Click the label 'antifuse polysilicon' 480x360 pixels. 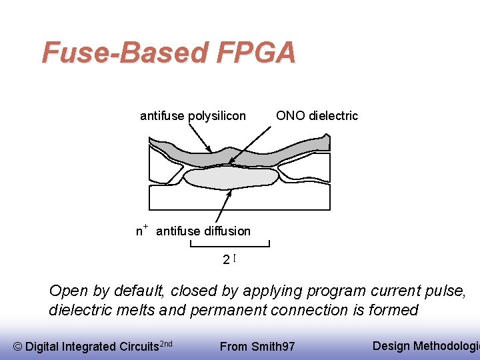[193, 116]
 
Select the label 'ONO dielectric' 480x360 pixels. [317, 115]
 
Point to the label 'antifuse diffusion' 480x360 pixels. [203, 231]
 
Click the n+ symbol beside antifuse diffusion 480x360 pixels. [141, 231]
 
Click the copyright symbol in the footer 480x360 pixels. [17, 346]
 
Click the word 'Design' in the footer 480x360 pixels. [391, 345]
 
